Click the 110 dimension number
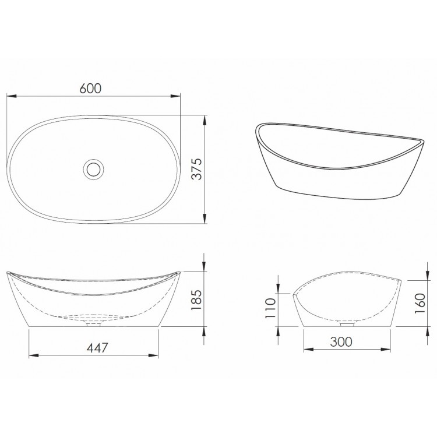pyautogui.click(x=270, y=309)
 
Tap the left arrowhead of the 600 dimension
pyautogui.click(x=10, y=96)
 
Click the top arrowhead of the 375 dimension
pyautogui.click(x=205, y=119)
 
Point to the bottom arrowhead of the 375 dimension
pyautogui.click(x=205, y=220)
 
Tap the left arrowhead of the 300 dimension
pyautogui.click(x=306, y=349)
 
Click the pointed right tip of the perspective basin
pyautogui.click(x=421, y=142)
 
